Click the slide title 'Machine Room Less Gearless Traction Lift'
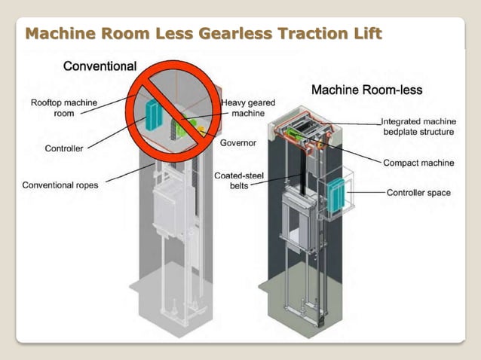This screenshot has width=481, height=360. [204, 34]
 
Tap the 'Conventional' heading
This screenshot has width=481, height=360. [100, 66]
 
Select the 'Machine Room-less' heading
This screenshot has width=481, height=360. [366, 90]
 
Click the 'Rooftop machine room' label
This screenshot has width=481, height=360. [63, 108]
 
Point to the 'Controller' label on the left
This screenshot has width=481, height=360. [64, 148]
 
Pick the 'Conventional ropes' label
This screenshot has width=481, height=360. [60, 185]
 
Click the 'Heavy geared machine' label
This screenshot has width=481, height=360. [248, 108]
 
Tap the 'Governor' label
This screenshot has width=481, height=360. [238, 143]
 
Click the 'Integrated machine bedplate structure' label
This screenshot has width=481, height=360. [417, 126]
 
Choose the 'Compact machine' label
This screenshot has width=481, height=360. [418, 162]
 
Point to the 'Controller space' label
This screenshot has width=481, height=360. [418, 193]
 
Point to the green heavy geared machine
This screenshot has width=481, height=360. [188, 124]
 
